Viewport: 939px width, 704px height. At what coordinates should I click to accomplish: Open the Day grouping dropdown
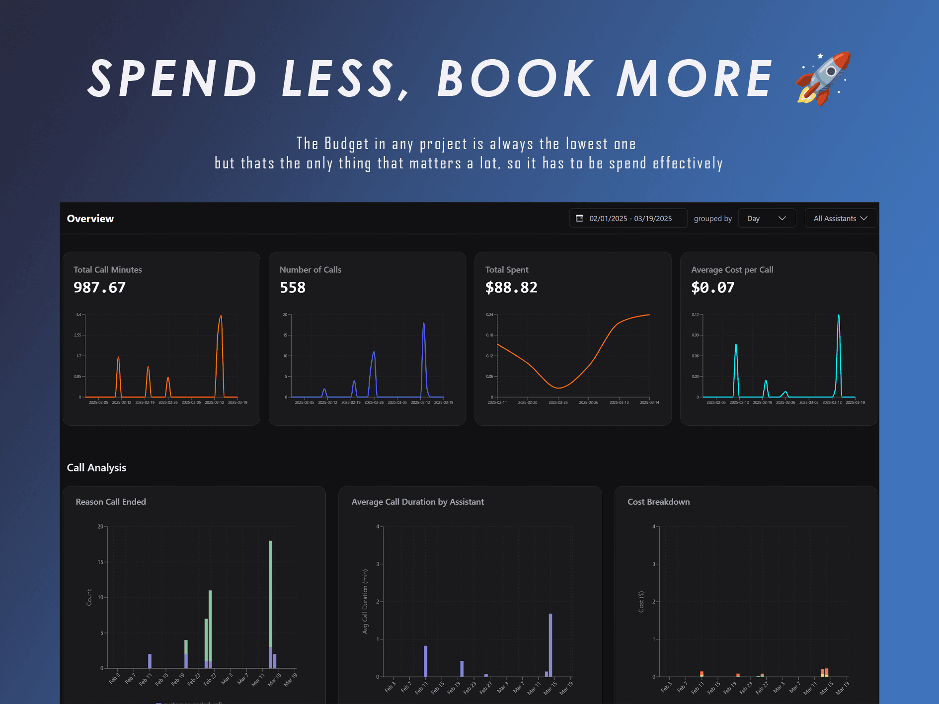(767, 219)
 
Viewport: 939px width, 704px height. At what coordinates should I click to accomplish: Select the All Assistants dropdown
(840, 219)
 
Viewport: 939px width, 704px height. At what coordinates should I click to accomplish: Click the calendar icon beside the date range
(579, 219)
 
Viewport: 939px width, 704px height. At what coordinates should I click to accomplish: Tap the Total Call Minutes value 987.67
(99, 288)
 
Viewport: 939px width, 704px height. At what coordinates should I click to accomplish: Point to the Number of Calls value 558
(293, 288)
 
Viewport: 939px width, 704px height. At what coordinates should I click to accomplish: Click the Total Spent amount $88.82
(511, 288)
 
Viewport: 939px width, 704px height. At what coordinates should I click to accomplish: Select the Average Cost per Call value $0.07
(712, 288)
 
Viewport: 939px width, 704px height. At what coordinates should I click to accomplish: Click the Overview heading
(90, 219)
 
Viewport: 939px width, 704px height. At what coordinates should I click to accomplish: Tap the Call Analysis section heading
(96, 468)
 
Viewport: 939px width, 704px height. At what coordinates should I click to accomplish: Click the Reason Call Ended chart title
(111, 502)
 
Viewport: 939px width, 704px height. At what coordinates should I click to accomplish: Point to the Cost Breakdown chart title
(658, 502)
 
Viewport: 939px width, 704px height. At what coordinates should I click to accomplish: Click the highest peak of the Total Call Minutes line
(221, 316)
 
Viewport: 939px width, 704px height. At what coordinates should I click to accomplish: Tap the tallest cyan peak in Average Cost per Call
(839, 316)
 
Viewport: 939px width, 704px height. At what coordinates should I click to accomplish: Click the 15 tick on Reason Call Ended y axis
(100, 562)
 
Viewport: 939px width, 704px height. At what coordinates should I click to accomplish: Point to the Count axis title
(89, 597)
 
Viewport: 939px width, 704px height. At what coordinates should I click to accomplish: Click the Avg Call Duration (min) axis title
(365, 602)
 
